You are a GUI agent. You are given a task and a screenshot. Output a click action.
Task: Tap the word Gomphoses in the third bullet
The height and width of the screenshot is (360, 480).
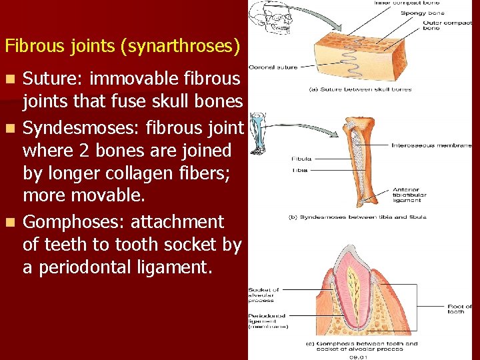click(73, 222)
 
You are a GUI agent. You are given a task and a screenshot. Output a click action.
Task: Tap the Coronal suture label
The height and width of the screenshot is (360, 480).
click(273, 67)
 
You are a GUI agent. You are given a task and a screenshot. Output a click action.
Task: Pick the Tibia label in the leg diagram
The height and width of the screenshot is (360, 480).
click(301, 170)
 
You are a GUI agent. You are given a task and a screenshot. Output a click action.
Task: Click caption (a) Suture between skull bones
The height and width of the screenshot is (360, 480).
click(360, 89)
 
